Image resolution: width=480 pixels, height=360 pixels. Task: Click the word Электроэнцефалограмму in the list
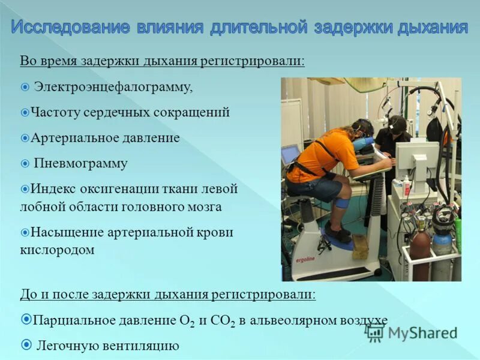(113, 88)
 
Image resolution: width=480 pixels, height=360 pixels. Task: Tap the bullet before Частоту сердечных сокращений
(25, 112)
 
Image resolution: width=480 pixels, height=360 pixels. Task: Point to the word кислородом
(58, 250)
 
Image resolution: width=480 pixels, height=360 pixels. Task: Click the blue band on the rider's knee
(341, 202)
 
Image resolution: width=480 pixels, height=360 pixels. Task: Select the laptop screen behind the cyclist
(290, 154)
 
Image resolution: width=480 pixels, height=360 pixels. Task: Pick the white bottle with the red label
(406, 187)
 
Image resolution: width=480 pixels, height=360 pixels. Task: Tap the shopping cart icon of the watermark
(376, 333)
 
